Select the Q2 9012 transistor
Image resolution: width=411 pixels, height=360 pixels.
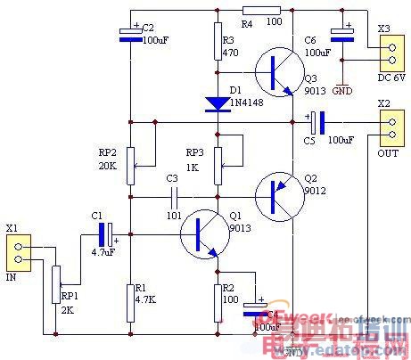pyautogui.click(x=275, y=196)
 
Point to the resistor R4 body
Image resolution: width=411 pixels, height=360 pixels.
pyautogui.click(x=261, y=10)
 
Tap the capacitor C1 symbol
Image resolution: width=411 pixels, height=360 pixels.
pyautogui.click(x=106, y=235)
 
